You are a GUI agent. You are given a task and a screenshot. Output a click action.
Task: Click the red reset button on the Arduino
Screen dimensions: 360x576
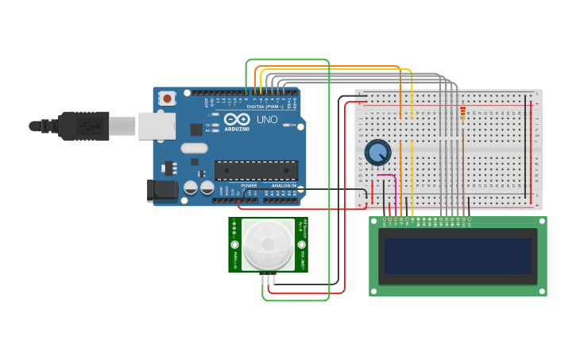click(167, 99)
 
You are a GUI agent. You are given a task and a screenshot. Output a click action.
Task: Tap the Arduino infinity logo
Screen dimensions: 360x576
click(237, 119)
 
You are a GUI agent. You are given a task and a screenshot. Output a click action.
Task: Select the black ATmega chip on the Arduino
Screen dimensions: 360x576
click(256, 170)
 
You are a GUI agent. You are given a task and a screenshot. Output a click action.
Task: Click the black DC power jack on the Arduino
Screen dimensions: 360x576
click(161, 190)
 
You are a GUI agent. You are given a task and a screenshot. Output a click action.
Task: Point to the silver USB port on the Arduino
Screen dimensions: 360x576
click(157, 126)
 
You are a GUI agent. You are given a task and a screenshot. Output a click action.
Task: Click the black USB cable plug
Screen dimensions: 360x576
click(83, 126)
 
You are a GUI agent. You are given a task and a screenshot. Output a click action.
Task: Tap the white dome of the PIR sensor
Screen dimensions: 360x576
click(268, 244)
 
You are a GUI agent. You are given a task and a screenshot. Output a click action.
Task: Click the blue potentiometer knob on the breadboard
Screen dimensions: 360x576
click(377, 152)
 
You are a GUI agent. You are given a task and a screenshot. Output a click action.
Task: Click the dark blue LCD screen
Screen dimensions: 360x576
click(457, 256)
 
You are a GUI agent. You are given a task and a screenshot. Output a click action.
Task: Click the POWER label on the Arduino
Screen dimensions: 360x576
click(249, 186)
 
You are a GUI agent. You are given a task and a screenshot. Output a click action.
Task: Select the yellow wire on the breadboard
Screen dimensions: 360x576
click(412, 159)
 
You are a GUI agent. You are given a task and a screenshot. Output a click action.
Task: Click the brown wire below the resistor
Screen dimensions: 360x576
click(462, 167)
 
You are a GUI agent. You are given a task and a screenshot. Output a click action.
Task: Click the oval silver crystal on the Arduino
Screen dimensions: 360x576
click(194, 148)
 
